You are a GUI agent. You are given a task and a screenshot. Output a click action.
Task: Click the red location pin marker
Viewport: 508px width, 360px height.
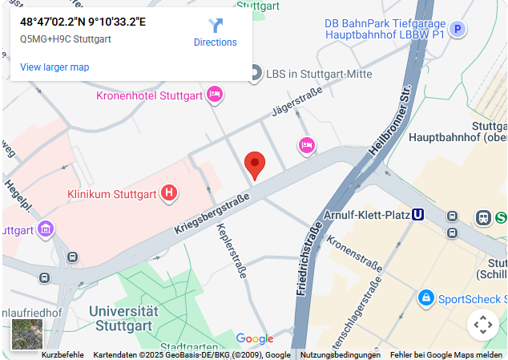[255, 164]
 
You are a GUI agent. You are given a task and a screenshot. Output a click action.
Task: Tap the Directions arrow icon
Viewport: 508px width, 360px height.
[216, 26]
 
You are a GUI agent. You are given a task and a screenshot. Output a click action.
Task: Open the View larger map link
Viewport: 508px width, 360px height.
[54, 67]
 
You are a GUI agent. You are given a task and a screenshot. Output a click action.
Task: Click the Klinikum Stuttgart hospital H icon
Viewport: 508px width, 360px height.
[169, 192]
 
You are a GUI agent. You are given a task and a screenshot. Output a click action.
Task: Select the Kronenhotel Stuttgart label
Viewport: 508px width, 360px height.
[148, 95]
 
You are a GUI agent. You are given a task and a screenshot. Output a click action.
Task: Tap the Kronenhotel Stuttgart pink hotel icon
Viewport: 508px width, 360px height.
[214, 95]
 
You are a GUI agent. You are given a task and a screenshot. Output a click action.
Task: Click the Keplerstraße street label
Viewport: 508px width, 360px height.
[232, 250]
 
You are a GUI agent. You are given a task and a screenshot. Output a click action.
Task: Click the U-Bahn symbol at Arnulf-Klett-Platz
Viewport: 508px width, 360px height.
[417, 215]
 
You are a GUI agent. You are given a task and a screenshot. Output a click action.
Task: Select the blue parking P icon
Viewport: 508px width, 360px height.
[458, 30]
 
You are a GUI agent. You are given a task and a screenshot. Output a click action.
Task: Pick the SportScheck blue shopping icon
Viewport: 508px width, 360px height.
[425, 298]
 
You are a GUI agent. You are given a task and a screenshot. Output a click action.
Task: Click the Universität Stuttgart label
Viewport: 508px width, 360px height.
[123, 318]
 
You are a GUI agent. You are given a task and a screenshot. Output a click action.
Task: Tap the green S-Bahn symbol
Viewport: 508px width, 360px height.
[502, 216]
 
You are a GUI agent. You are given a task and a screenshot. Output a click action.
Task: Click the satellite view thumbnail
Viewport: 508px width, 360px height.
[27, 334]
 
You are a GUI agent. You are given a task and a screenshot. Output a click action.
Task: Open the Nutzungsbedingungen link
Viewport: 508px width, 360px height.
[340, 355]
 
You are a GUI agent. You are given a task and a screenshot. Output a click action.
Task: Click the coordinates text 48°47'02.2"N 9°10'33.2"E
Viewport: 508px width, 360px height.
[83, 22]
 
